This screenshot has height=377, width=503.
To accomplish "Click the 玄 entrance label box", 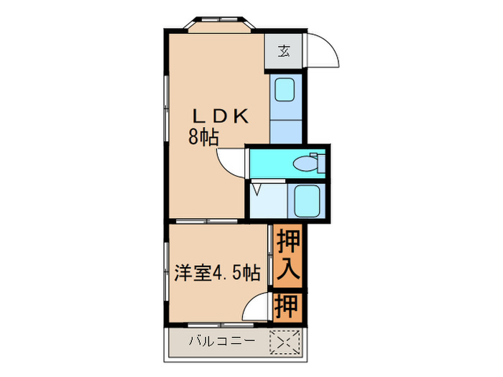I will click(284, 51).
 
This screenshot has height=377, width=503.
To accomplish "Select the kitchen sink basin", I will click(285, 90).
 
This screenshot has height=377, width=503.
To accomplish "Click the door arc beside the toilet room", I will click(232, 163).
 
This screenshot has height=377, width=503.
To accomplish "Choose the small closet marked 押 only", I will click(287, 307).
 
